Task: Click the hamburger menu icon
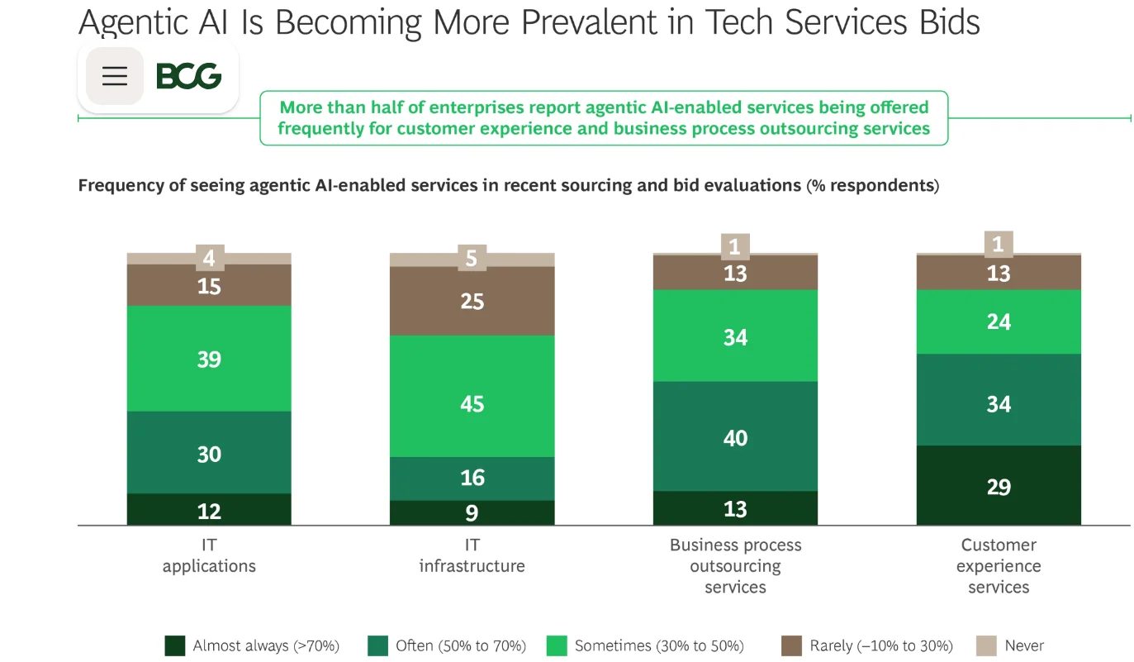[115, 76]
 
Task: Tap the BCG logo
[189, 76]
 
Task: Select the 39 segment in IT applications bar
[209, 359]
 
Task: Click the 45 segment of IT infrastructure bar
[472, 397]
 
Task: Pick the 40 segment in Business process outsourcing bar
[736, 436]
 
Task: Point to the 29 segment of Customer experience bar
[999, 486]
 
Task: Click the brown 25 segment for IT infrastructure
[472, 302]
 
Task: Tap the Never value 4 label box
[210, 258]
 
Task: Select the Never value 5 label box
[472, 258]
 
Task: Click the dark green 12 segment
[209, 510]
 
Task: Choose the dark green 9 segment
[472, 513]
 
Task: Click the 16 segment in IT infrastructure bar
[472, 479]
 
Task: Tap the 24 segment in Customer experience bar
[999, 321]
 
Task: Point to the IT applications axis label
[209, 555]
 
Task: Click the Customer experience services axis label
[999, 566]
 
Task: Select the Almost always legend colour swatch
[175, 645]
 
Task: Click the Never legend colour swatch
[986, 645]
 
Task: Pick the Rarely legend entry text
[881, 645]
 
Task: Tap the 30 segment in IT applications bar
[209, 454]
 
